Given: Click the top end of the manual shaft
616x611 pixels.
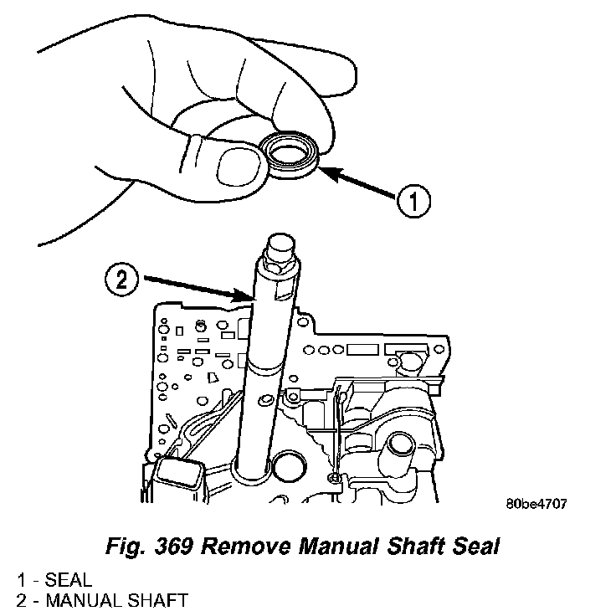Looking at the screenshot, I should [279, 244].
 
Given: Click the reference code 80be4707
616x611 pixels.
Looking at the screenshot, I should [536, 505].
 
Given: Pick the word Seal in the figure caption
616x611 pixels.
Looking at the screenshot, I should [472, 547].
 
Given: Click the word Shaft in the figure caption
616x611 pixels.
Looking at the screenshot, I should [411, 547].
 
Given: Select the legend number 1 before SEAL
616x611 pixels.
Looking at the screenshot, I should [18, 579].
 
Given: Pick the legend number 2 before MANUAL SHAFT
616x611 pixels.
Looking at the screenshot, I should [18, 599].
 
